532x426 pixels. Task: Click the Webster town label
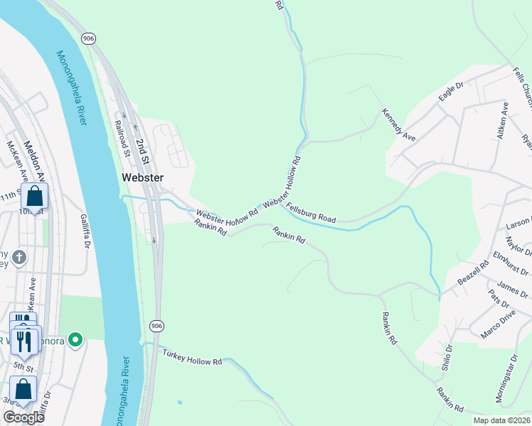142,177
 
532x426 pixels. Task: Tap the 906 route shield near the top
88,38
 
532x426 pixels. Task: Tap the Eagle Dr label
451,92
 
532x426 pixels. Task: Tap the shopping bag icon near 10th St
33,197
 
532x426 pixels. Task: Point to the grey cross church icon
19,256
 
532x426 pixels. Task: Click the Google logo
23,417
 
